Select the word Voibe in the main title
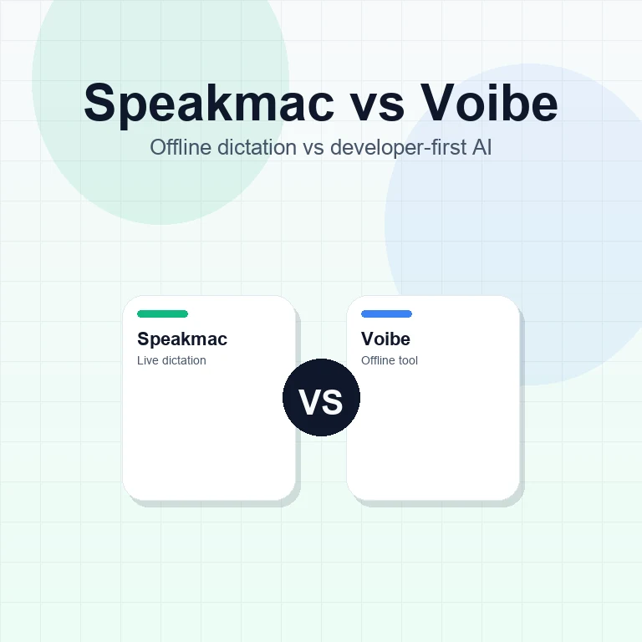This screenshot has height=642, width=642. coord(489,104)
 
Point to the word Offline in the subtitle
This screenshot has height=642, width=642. coord(176,148)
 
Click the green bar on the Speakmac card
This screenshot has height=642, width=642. coord(162,314)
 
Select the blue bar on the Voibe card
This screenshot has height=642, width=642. coord(386,314)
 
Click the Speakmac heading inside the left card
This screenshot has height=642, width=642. coord(182,339)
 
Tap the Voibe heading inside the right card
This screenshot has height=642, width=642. coord(385,339)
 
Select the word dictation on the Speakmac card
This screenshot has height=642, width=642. coord(183,360)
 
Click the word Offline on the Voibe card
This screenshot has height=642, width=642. coord(378,360)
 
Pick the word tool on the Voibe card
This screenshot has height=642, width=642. coord(408,360)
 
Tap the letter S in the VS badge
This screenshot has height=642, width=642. coord(332,402)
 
